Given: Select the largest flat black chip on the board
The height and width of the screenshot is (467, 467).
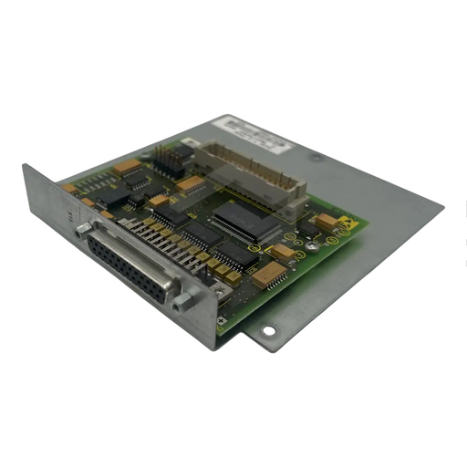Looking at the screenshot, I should coord(242,223).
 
